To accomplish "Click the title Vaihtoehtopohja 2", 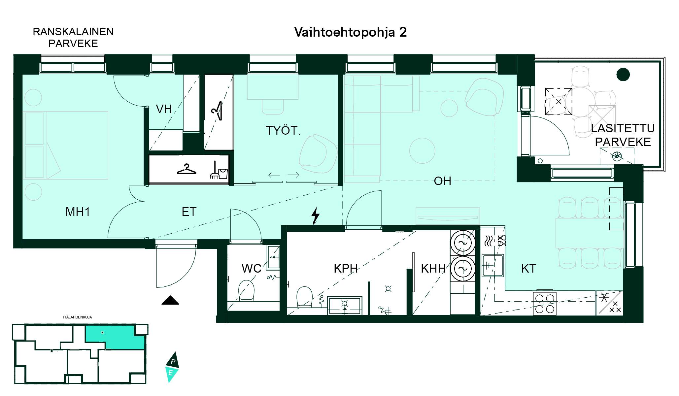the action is tap(350, 32).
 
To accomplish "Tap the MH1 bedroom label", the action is tap(78, 212).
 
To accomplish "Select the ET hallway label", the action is tap(189, 212).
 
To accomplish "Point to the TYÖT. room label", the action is tap(283, 131).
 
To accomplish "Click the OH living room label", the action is tap(442, 181).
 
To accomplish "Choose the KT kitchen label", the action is tap(528, 269).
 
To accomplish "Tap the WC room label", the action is tap(252, 269).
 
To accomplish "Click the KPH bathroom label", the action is tap(346, 269).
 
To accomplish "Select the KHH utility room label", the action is tap(433, 269).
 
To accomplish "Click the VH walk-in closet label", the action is tap(164, 109).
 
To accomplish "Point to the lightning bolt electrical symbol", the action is tap(316, 215).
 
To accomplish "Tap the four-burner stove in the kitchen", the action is tap(545, 304).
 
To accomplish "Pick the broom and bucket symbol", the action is tap(219, 171).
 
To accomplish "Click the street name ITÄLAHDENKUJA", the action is tap(78, 317).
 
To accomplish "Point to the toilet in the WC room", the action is tap(246, 290).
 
